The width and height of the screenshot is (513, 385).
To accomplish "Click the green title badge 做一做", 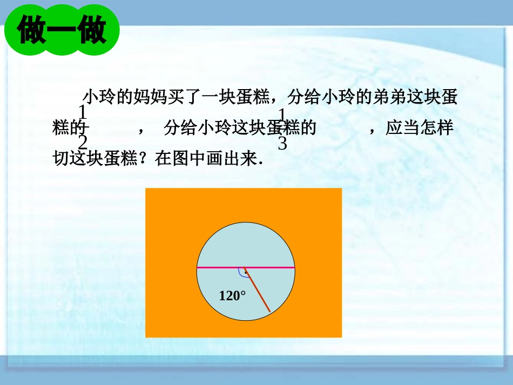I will click(62, 31).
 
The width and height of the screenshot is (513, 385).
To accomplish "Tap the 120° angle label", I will click(232, 295).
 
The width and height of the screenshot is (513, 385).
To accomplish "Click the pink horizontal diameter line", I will click(221, 267).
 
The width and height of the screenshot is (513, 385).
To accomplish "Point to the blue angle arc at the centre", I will click(241, 273).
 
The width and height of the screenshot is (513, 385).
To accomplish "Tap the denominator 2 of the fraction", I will click(83, 143).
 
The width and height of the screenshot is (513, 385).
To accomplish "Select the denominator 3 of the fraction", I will click(282, 143).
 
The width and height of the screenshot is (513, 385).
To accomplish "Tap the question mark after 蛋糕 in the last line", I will click(147, 159).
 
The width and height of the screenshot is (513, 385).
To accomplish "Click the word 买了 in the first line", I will click(183, 97).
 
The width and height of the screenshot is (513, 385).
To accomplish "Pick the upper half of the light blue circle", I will click(246, 243).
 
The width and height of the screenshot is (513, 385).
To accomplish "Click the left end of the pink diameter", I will click(197, 267).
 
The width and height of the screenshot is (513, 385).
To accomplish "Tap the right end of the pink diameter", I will click(294, 267).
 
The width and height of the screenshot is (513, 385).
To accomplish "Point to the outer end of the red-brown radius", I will click(269, 310).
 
